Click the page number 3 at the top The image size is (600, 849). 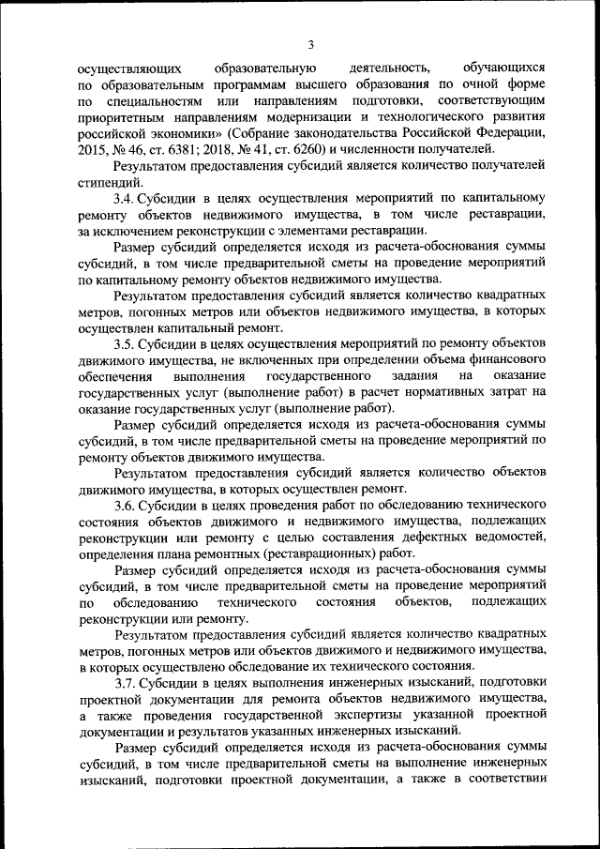point(310,43)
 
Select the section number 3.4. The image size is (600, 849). point(126,200)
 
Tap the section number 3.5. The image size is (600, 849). point(126,344)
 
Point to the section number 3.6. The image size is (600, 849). point(126,506)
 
